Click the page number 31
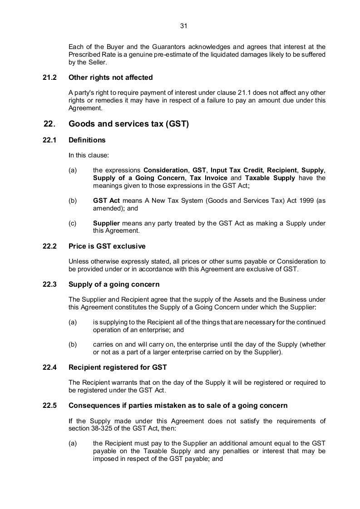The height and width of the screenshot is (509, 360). coord(183,26)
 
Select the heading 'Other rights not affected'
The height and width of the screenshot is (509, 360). coord(110,78)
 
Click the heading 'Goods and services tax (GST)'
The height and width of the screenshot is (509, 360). coord(128,124)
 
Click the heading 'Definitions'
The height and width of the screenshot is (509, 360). coord(87,140)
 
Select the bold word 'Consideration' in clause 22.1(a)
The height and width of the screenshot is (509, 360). coord(165,171)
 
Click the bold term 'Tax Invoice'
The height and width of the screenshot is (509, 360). coord(208,178)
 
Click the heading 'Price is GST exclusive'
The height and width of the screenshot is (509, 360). coord(107,246)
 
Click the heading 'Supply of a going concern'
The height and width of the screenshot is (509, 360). coord(114,284)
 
